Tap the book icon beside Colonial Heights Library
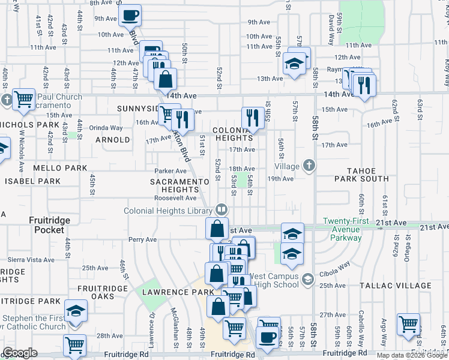click(221, 210)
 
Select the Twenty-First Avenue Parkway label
click(351, 229)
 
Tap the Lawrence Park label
click(178, 292)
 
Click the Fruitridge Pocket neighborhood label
click(50, 224)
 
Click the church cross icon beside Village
click(309, 166)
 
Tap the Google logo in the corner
click(20, 353)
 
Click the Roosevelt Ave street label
click(175, 198)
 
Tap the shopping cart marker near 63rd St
click(408, 324)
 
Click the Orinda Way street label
click(106, 128)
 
